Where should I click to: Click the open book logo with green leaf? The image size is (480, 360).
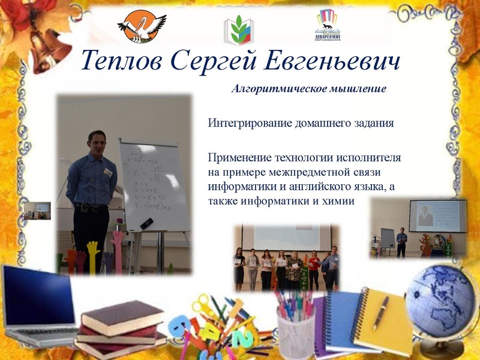pos(239,31)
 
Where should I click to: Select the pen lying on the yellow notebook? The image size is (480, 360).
pos(380,312)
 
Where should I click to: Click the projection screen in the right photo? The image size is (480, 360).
pos(437,215)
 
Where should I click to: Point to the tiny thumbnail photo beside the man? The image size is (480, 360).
pos(37,211)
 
